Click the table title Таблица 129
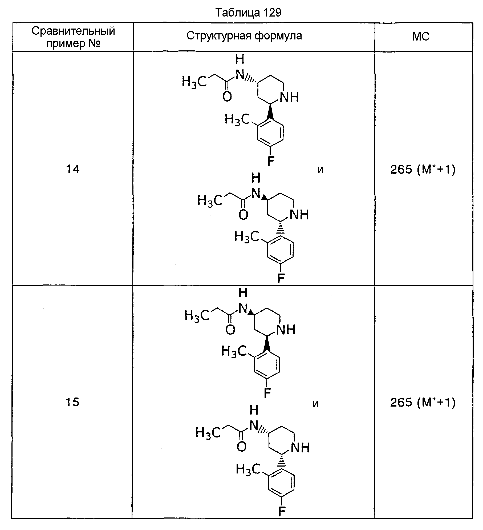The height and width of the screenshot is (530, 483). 248,12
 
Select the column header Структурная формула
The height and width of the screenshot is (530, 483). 244,36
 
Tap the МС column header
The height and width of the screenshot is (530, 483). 421,37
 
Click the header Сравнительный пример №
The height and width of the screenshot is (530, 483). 73,37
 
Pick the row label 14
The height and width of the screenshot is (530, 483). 73,169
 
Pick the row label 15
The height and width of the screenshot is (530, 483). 72,402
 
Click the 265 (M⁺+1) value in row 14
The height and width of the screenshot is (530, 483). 423,169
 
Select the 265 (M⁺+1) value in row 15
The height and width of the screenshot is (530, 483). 423,402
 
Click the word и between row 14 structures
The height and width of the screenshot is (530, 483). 320,170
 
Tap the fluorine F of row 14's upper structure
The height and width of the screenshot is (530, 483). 271,161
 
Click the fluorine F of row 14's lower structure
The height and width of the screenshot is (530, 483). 281,279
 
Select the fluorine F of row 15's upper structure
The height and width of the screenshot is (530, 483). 267,393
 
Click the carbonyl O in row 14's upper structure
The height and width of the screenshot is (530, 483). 227,97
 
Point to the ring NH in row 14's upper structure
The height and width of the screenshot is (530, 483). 289,97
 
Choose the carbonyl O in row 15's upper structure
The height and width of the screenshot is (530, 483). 230,330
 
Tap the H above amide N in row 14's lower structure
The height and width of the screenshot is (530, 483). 256,178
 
